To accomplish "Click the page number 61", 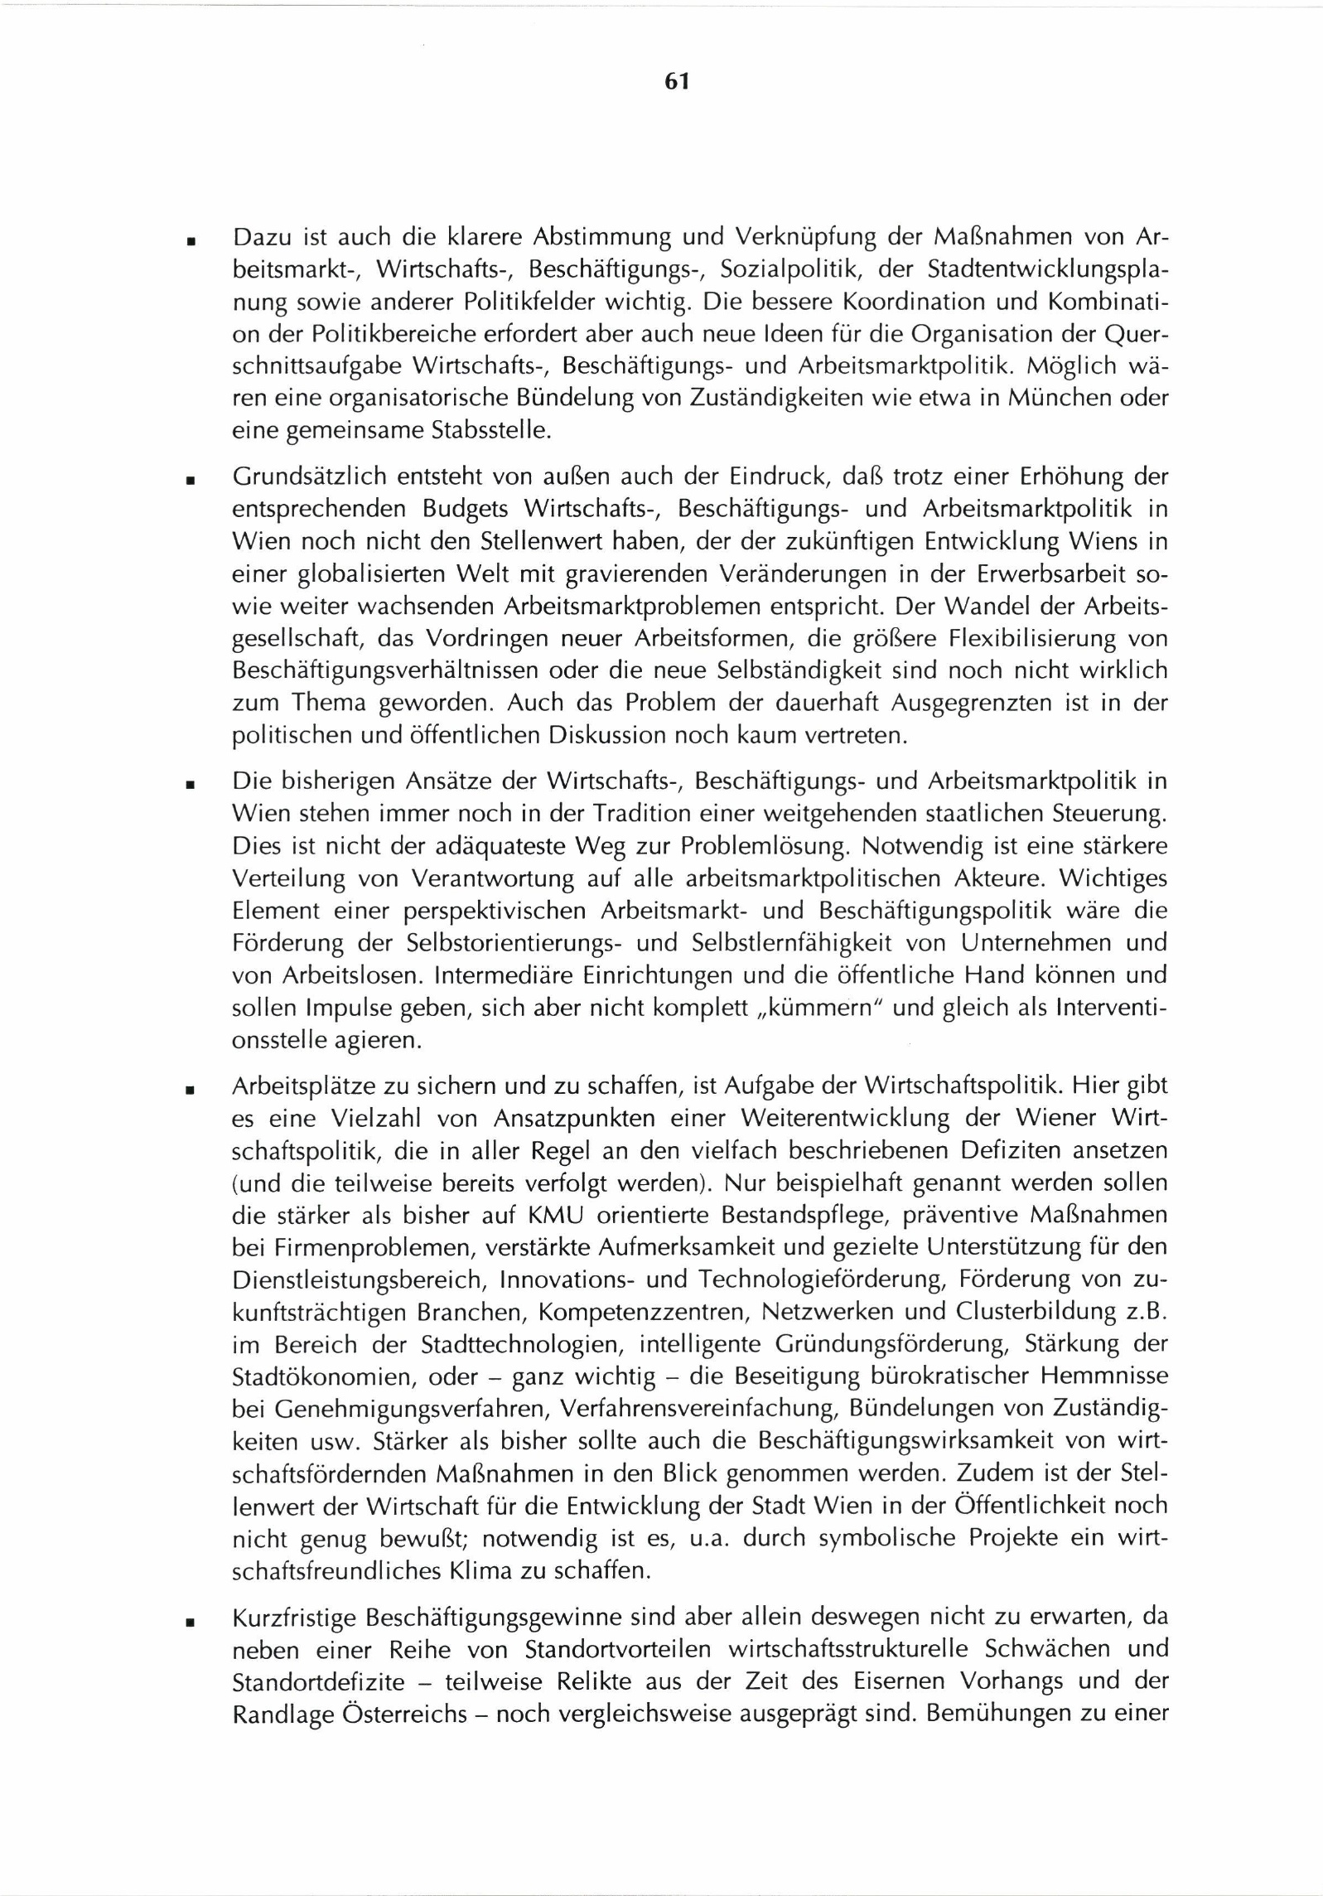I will pos(676,81).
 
